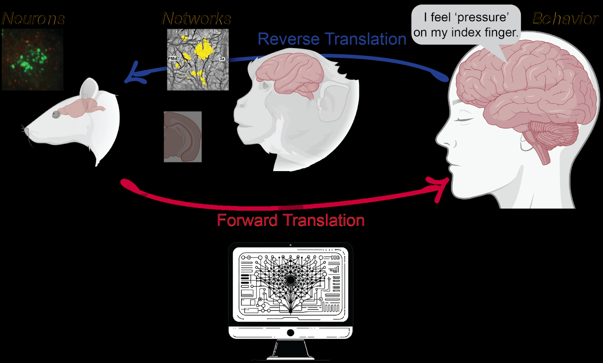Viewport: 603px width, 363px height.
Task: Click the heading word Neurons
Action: point(33,19)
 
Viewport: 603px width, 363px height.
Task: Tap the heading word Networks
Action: point(196,19)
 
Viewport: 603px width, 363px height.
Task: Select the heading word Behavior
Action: point(565,19)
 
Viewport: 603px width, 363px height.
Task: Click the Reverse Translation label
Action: point(332,39)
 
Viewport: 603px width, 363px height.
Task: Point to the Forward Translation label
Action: point(291,220)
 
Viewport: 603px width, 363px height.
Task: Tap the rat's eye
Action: point(57,114)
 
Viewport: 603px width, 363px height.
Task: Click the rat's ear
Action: point(90,90)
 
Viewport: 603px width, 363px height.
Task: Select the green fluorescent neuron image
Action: point(32,59)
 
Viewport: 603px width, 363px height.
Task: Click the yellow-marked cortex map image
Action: point(198,59)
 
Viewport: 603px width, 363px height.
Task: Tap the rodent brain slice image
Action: point(183,137)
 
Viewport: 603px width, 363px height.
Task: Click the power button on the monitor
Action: point(290,333)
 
